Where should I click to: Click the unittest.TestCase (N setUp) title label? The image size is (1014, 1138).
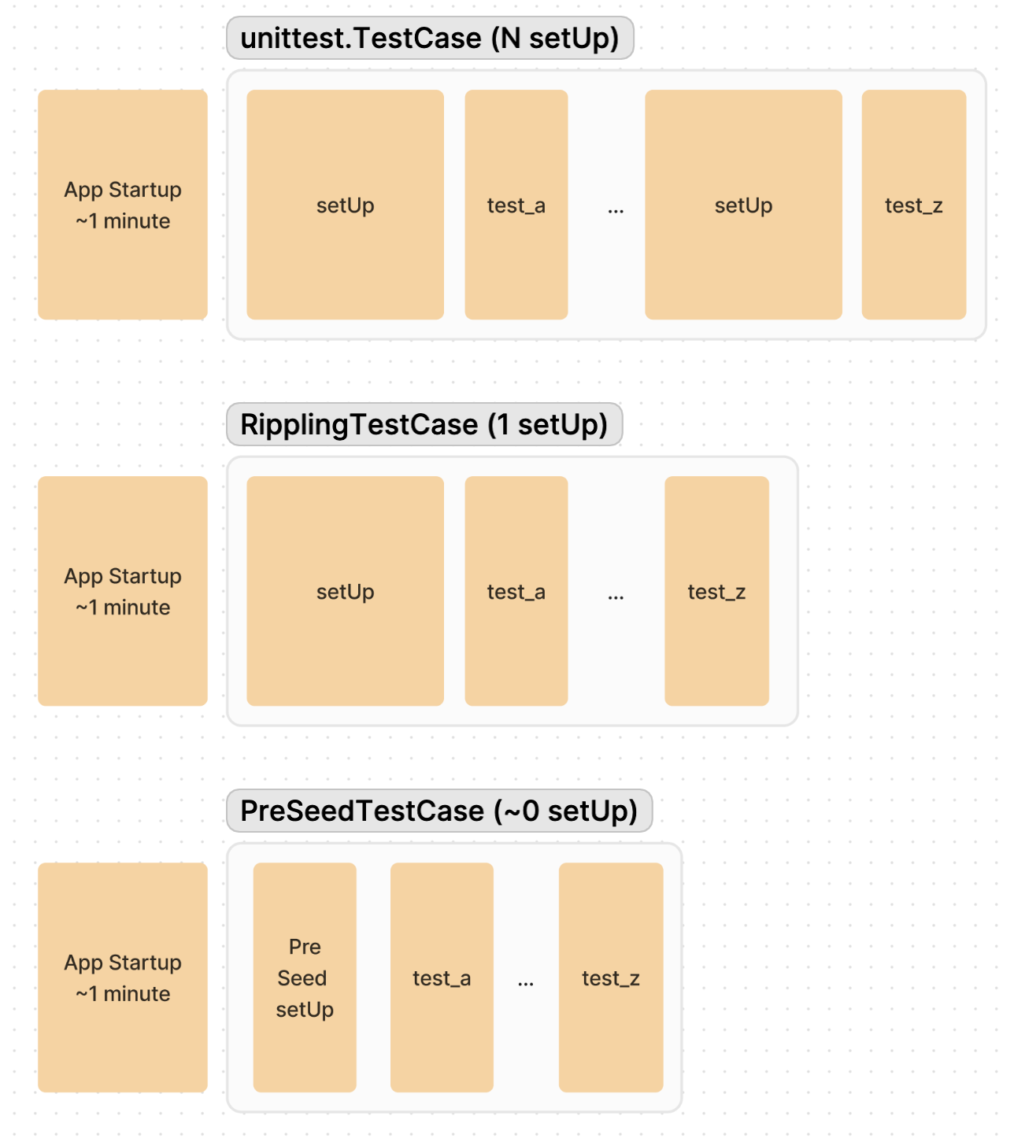(x=430, y=38)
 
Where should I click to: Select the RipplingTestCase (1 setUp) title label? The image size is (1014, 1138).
(x=424, y=424)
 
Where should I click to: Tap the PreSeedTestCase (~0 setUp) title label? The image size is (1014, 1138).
(x=439, y=811)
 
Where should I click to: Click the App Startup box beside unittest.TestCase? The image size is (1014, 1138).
(x=123, y=205)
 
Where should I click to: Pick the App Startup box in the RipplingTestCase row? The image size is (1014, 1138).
(x=123, y=591)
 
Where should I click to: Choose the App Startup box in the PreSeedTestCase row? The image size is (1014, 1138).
(x=123, y=977)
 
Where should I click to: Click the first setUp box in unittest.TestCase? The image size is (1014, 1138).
(x=345, y=205)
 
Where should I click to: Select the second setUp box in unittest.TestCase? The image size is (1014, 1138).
(x=743, y=205)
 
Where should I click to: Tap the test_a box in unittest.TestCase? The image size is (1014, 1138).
(x=516, y=205)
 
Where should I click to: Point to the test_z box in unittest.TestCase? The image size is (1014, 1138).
(x=914, y=205)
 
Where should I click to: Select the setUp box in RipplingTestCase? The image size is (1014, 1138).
(x=345, y=591)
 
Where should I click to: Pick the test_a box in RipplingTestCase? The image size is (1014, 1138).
(x=516, y=591)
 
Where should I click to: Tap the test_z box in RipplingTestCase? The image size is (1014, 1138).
(x=716, y=591)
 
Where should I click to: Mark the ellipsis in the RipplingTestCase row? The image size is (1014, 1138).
(x=616, y=597)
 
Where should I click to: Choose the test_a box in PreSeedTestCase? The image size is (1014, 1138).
(x=442, y=977)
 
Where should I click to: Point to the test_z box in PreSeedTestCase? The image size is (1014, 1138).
(x=611, y=977)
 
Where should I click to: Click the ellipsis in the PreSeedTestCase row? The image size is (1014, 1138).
(x=526, y=983)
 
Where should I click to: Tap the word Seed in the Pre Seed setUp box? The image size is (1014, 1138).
(x=302, y=978)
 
